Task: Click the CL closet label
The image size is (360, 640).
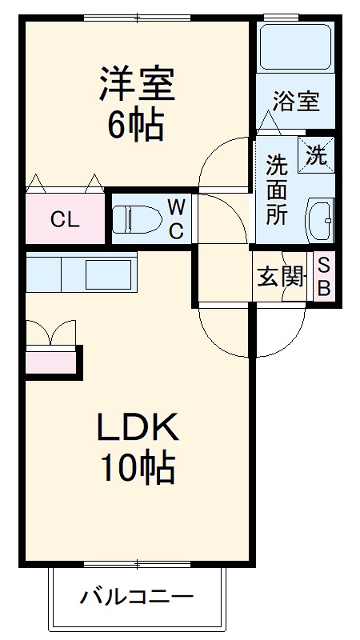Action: (x=66, y=220)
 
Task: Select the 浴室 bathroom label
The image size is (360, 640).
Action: (x=295, y=102)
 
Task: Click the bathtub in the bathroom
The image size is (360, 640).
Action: (x=295, y=47)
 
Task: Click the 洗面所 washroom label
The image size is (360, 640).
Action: (x=277, y=192)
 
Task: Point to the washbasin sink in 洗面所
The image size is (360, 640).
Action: (x=319, y=217)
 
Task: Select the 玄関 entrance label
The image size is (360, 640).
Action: (x=281, y=277)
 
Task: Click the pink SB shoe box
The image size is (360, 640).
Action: (x=323, y=277)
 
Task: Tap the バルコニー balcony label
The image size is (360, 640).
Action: (x=137, y=597)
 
